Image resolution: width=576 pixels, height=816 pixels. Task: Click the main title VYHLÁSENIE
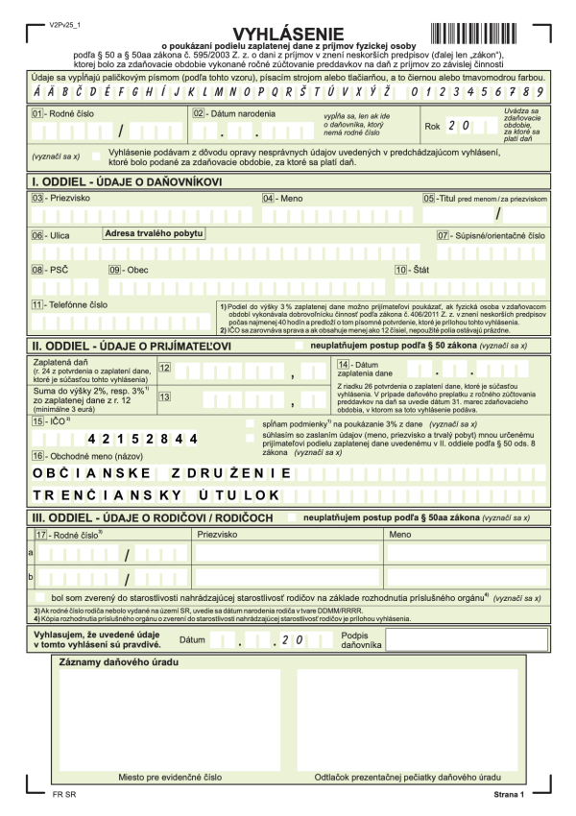[x=287, y=36]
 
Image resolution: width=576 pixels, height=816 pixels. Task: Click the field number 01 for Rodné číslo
[x=38, y=113]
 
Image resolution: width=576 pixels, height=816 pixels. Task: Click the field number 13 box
[x=165, y=396]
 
